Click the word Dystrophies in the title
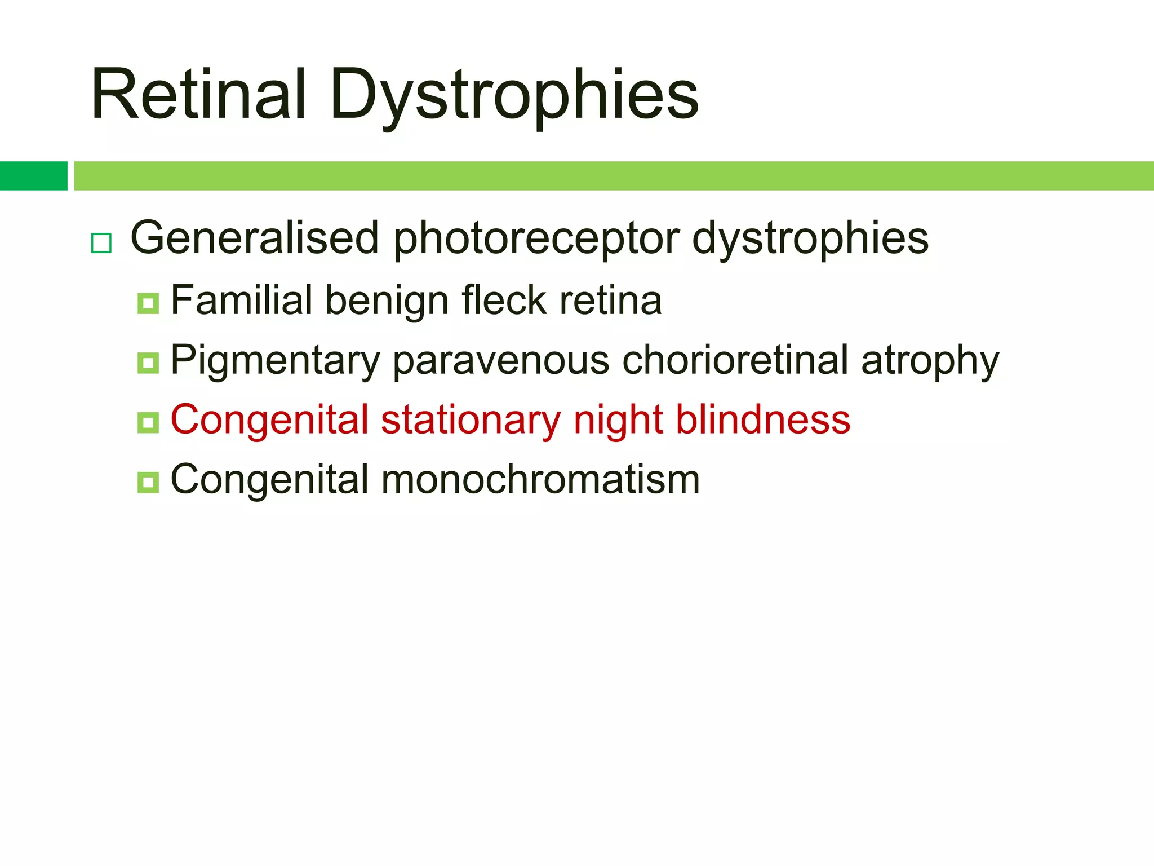point(514,96)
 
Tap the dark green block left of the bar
point(33,175)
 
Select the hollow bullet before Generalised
point(101,243)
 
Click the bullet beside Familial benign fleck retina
point(148,303)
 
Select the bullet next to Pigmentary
point(148,363)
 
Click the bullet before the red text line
point(148,422)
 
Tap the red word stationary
point(471,421)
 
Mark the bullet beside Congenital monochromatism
point(148,482)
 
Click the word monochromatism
point(540,480)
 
